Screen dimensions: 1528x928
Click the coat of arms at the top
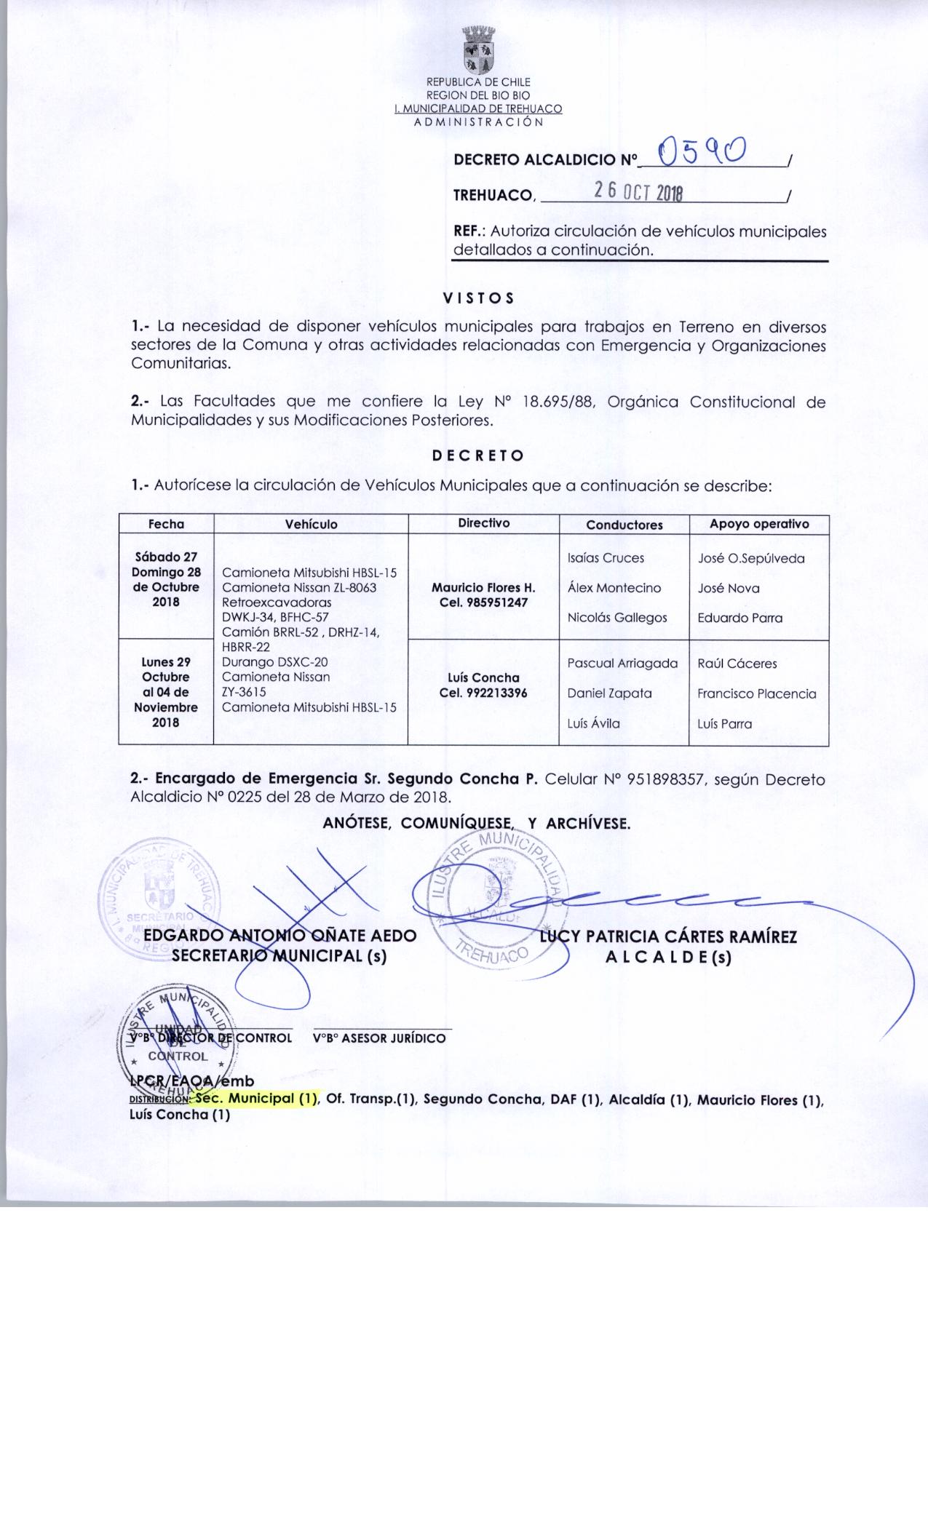(478, 50)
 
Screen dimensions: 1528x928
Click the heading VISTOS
(478, 298)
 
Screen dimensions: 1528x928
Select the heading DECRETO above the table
(477, 456)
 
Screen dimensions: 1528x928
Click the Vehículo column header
(311, 524)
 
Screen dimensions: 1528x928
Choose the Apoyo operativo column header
(758, 524)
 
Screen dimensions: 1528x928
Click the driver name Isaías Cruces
(606, 558)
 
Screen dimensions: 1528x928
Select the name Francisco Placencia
(756, 693)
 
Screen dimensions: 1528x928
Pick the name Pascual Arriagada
(622, 664)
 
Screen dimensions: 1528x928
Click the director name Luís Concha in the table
(483, 677)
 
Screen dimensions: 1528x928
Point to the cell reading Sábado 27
(166, 557)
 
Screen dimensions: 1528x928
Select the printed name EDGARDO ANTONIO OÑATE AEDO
(280, 936)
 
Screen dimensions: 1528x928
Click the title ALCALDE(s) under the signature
(667, 958)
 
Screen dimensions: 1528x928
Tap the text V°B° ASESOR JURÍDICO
(378, 1038)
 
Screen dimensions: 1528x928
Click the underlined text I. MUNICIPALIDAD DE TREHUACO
(477, 109)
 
